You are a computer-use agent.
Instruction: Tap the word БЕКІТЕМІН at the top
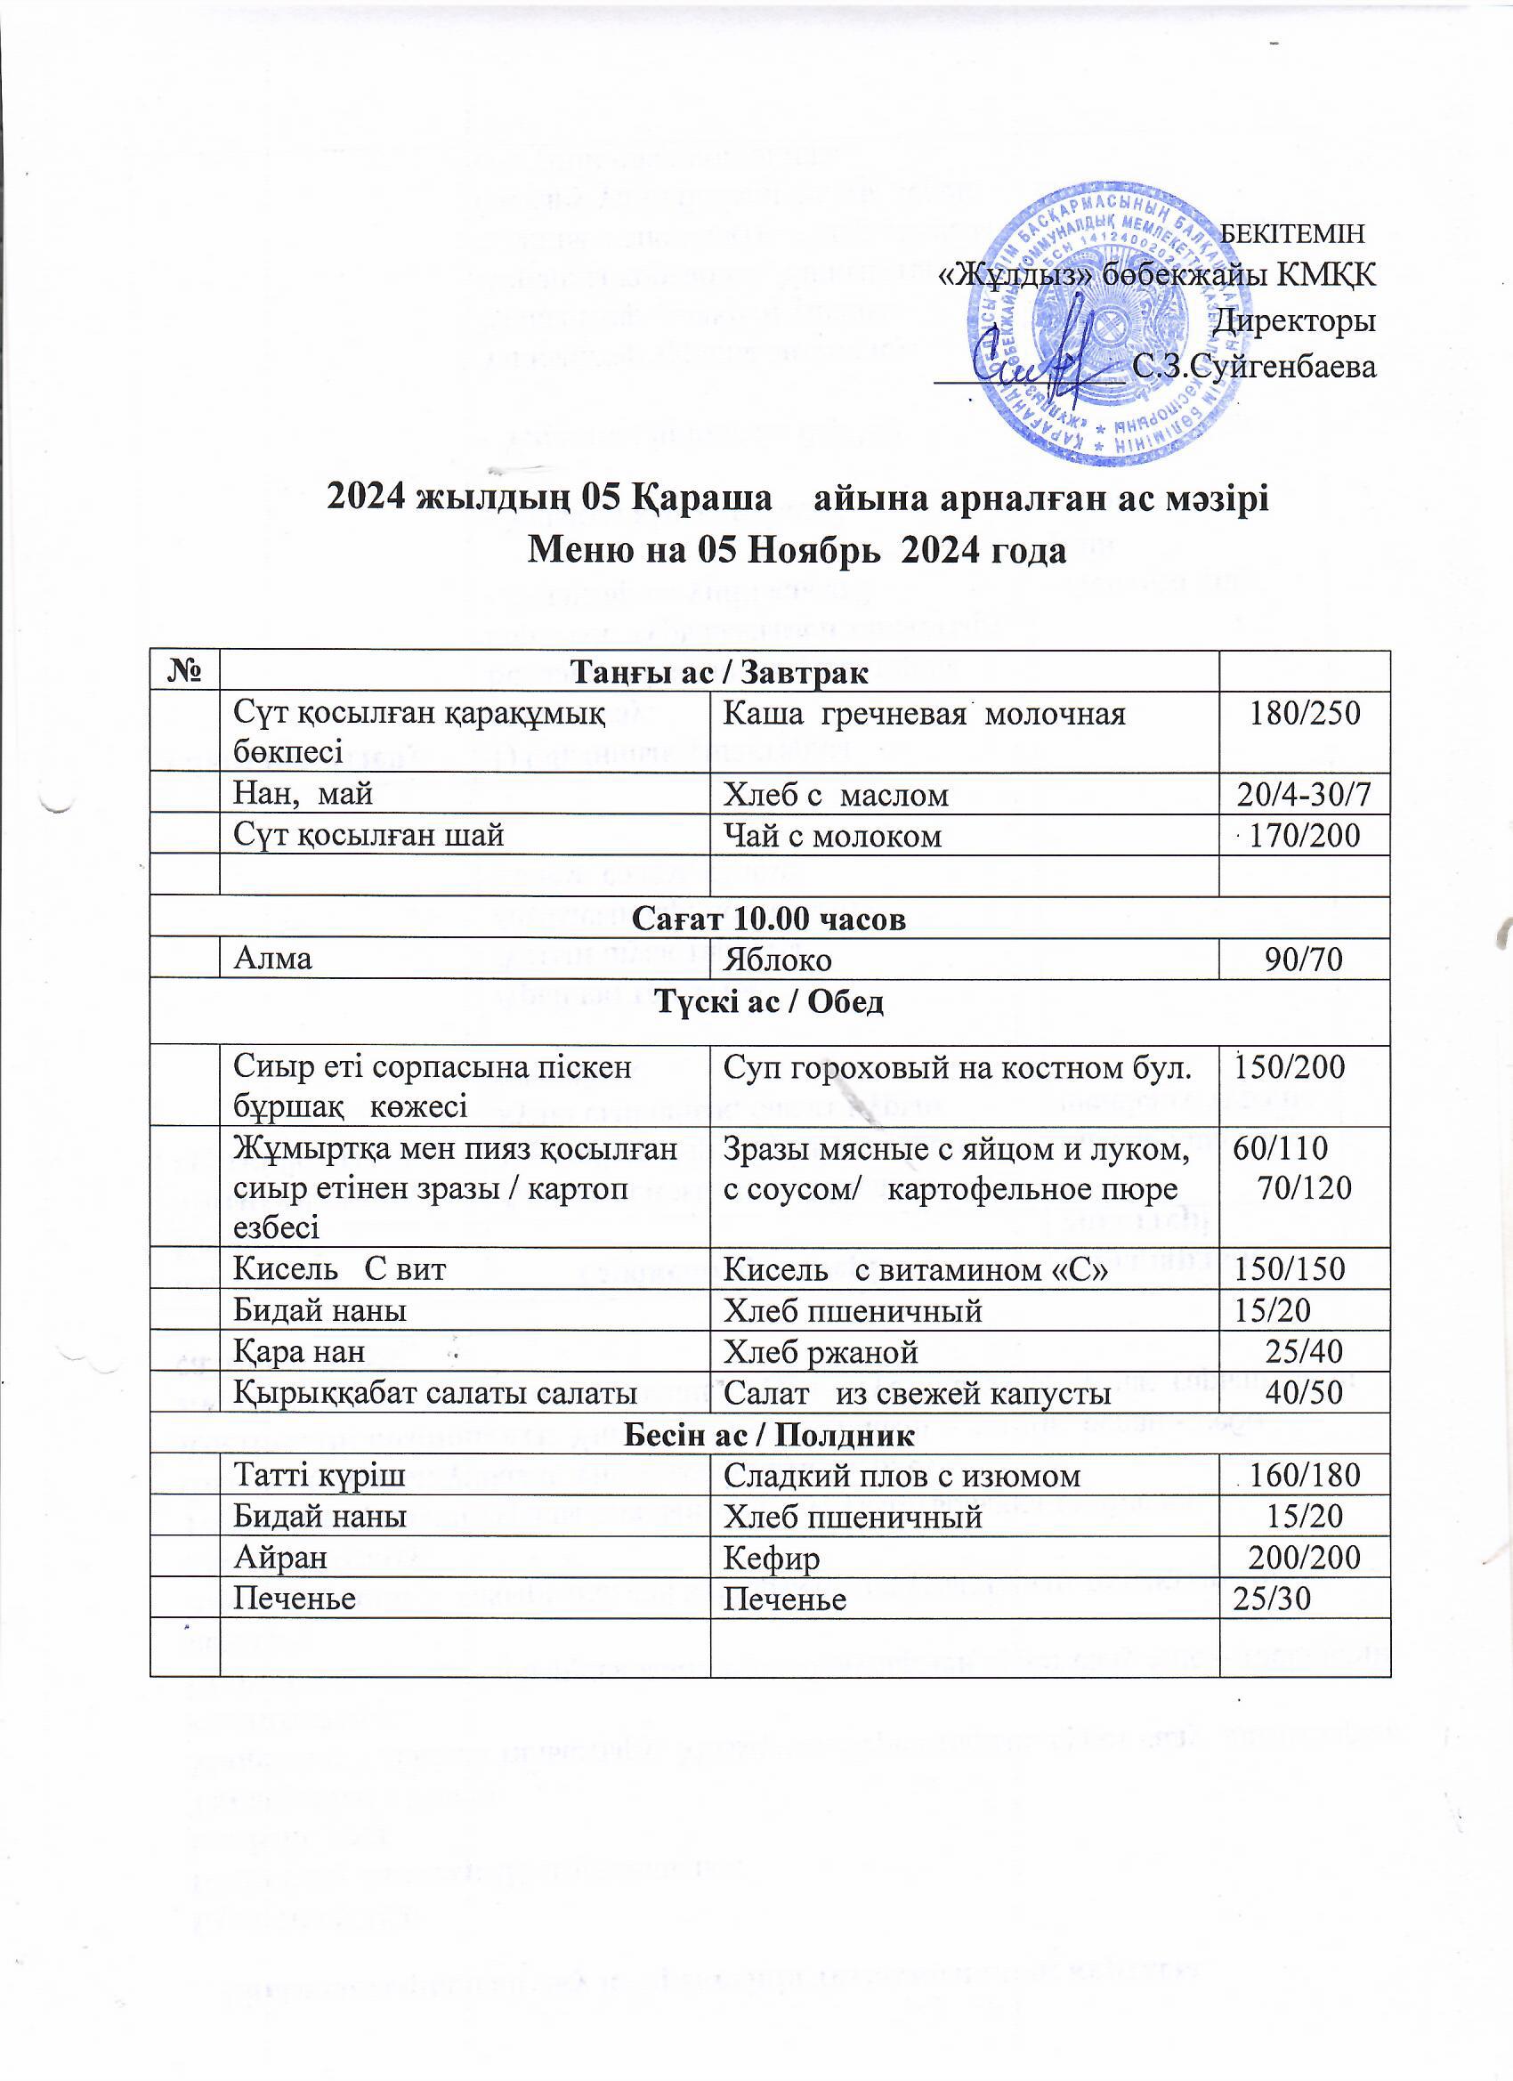[x=1295, y=233]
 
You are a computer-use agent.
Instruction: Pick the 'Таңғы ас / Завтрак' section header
[x=719, y=674]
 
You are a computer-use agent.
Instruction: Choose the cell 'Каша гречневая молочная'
[x=924, y=713]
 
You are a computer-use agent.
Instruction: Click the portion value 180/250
[x=1306, y=713]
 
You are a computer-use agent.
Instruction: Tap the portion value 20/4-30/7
[x=1304, y=795]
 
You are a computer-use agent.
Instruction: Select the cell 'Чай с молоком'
[x=832, y=836]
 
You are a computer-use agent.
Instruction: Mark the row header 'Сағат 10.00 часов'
[x=771, y=919]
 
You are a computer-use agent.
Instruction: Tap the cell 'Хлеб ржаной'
[x=821, y=1351]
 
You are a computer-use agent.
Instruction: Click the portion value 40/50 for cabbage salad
[x=1304, y=1393]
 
